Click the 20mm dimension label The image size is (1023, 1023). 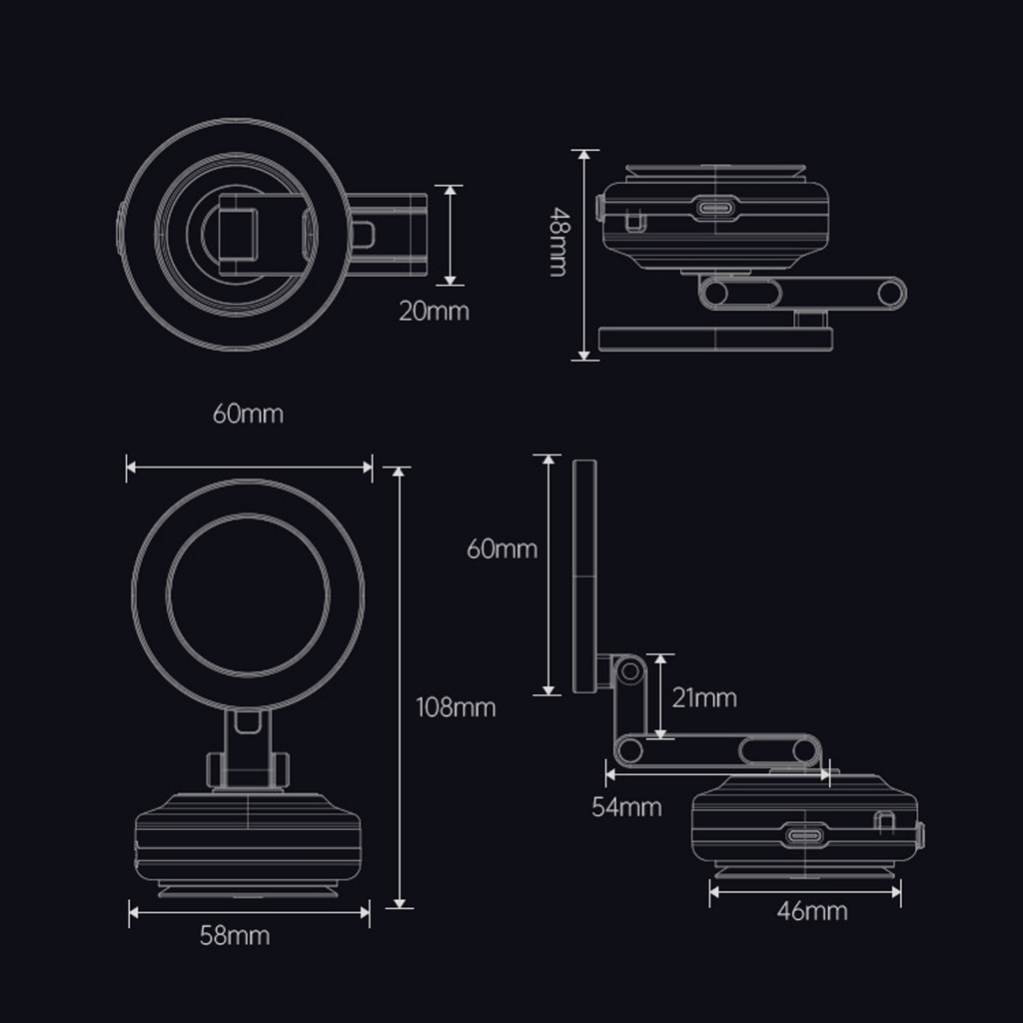[x=434, y=312]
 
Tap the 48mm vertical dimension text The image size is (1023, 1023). [x=559, y=242]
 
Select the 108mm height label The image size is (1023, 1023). [x=456, y=707]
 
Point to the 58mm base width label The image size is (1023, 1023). [x=235, y=935]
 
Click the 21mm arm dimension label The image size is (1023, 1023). [x=704, y=698]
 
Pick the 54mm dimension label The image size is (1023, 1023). [x=627, y=807]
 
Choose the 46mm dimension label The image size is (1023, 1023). [x=812, y=911]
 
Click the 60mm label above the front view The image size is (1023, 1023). [x=248, y=414]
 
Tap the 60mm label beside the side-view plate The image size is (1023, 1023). [x=502, y=548]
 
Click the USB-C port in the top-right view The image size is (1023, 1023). [x=715, y=209]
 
